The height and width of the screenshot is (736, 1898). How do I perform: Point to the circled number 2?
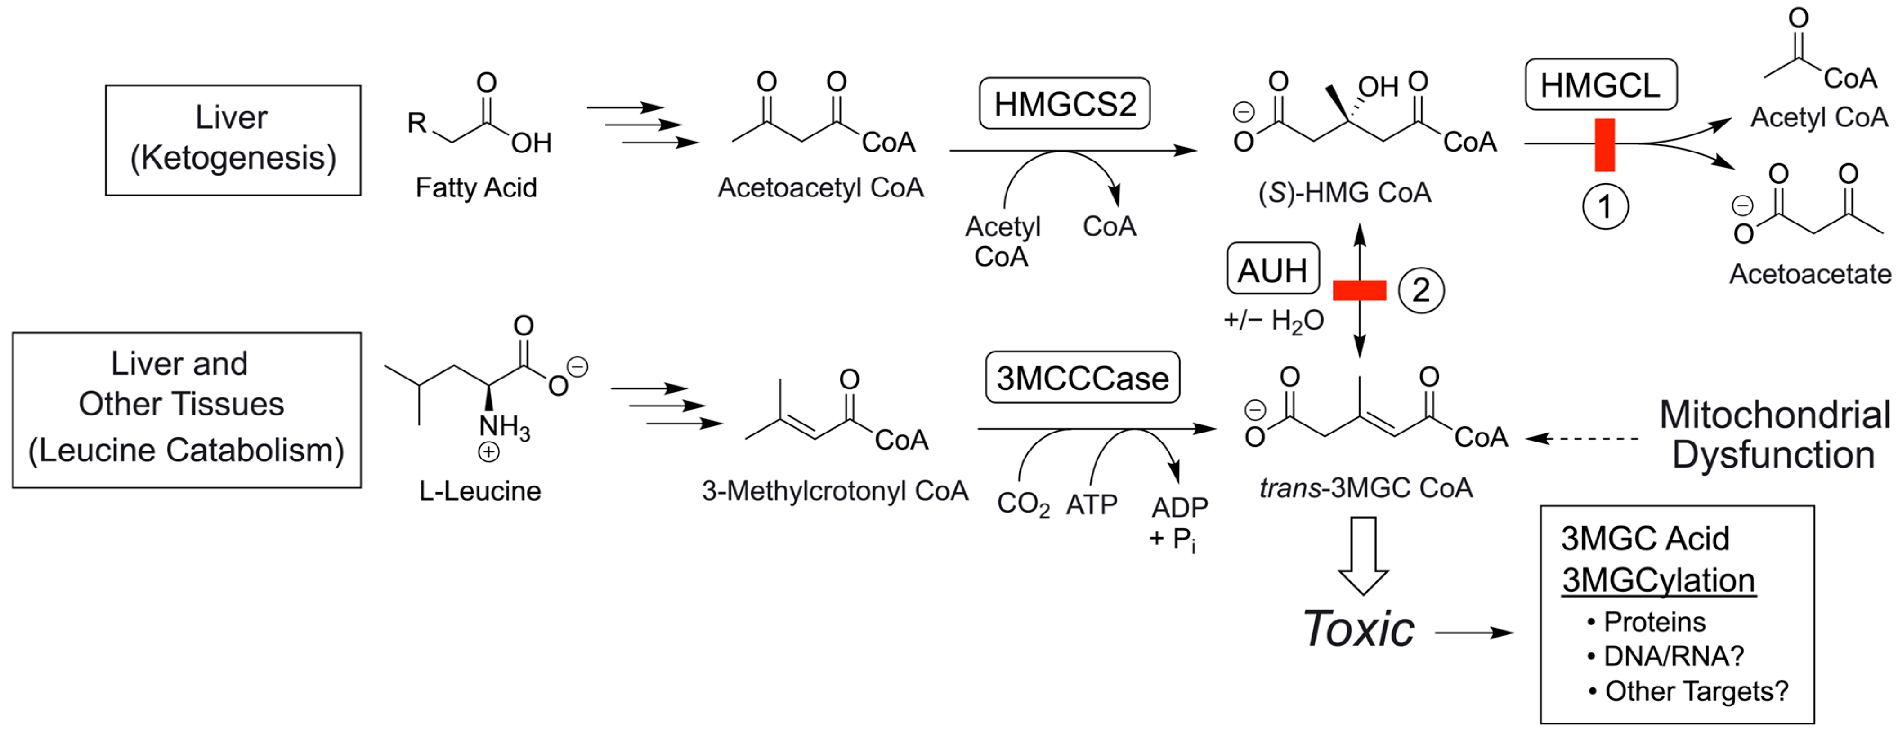coord(1420,290)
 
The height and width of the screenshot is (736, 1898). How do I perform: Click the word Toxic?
coord(1358,629)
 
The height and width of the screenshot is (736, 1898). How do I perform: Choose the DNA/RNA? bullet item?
coord(1673,656)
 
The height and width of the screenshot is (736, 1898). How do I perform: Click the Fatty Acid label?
coord(476,188)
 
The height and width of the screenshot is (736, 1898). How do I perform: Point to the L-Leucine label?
coord(479,491)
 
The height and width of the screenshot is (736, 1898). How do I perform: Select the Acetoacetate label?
coord(1809,274)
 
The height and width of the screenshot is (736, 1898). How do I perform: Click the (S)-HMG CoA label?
coord(1345,193)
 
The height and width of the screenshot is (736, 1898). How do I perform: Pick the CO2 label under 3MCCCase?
coord(1023,504)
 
